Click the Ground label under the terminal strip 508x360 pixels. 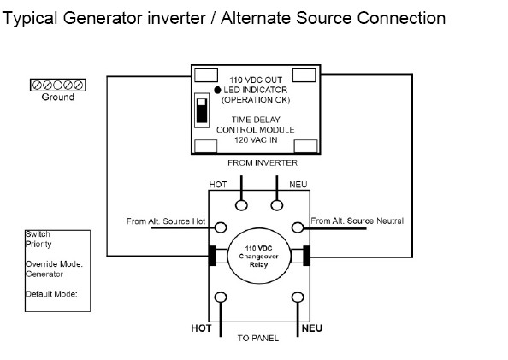pyautogui.click(x=57, y=97)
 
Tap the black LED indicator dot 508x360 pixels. pyautogui.click(x=217, y=90)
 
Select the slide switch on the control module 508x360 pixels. pyautogui.click(x=202, y=110)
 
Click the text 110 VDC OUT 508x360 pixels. pyautogui.click(x=256, y=80)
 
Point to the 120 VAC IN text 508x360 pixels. pyautogui.click(x=256, y=140)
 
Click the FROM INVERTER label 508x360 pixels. pyautogui.click(x=263, y=162)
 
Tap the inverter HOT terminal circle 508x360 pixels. pyautogui.click(x=241, y=204)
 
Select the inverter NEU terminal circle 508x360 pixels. pyautogui.click(x=277, y=204)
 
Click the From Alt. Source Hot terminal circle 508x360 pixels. pyautogui.click(x=221, y=227)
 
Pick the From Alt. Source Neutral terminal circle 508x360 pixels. pyautogui.click(x=298, y=227)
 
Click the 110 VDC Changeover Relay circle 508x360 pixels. pyautogui.click(x=259, y=256)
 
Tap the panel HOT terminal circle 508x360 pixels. pyautogui.click(x=221, y=297)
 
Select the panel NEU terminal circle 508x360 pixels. pyautogui.click(x=298, y=297)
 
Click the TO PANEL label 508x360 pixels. pyautogui.click(x=258, y=339)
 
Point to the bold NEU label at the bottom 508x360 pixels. pyautogui.click(x=311, y=328)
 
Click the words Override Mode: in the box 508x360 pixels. pyautogui.click(x=54, y=264)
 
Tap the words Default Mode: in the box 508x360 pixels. pyautogui.click(x=51, y=294)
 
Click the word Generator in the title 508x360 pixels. pyautogui.click(x=103, y=18)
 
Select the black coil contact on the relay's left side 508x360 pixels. pyautogui.click(x=212, y=256)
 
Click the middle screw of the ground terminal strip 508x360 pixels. pyautogui.click(x=57, y=86)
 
